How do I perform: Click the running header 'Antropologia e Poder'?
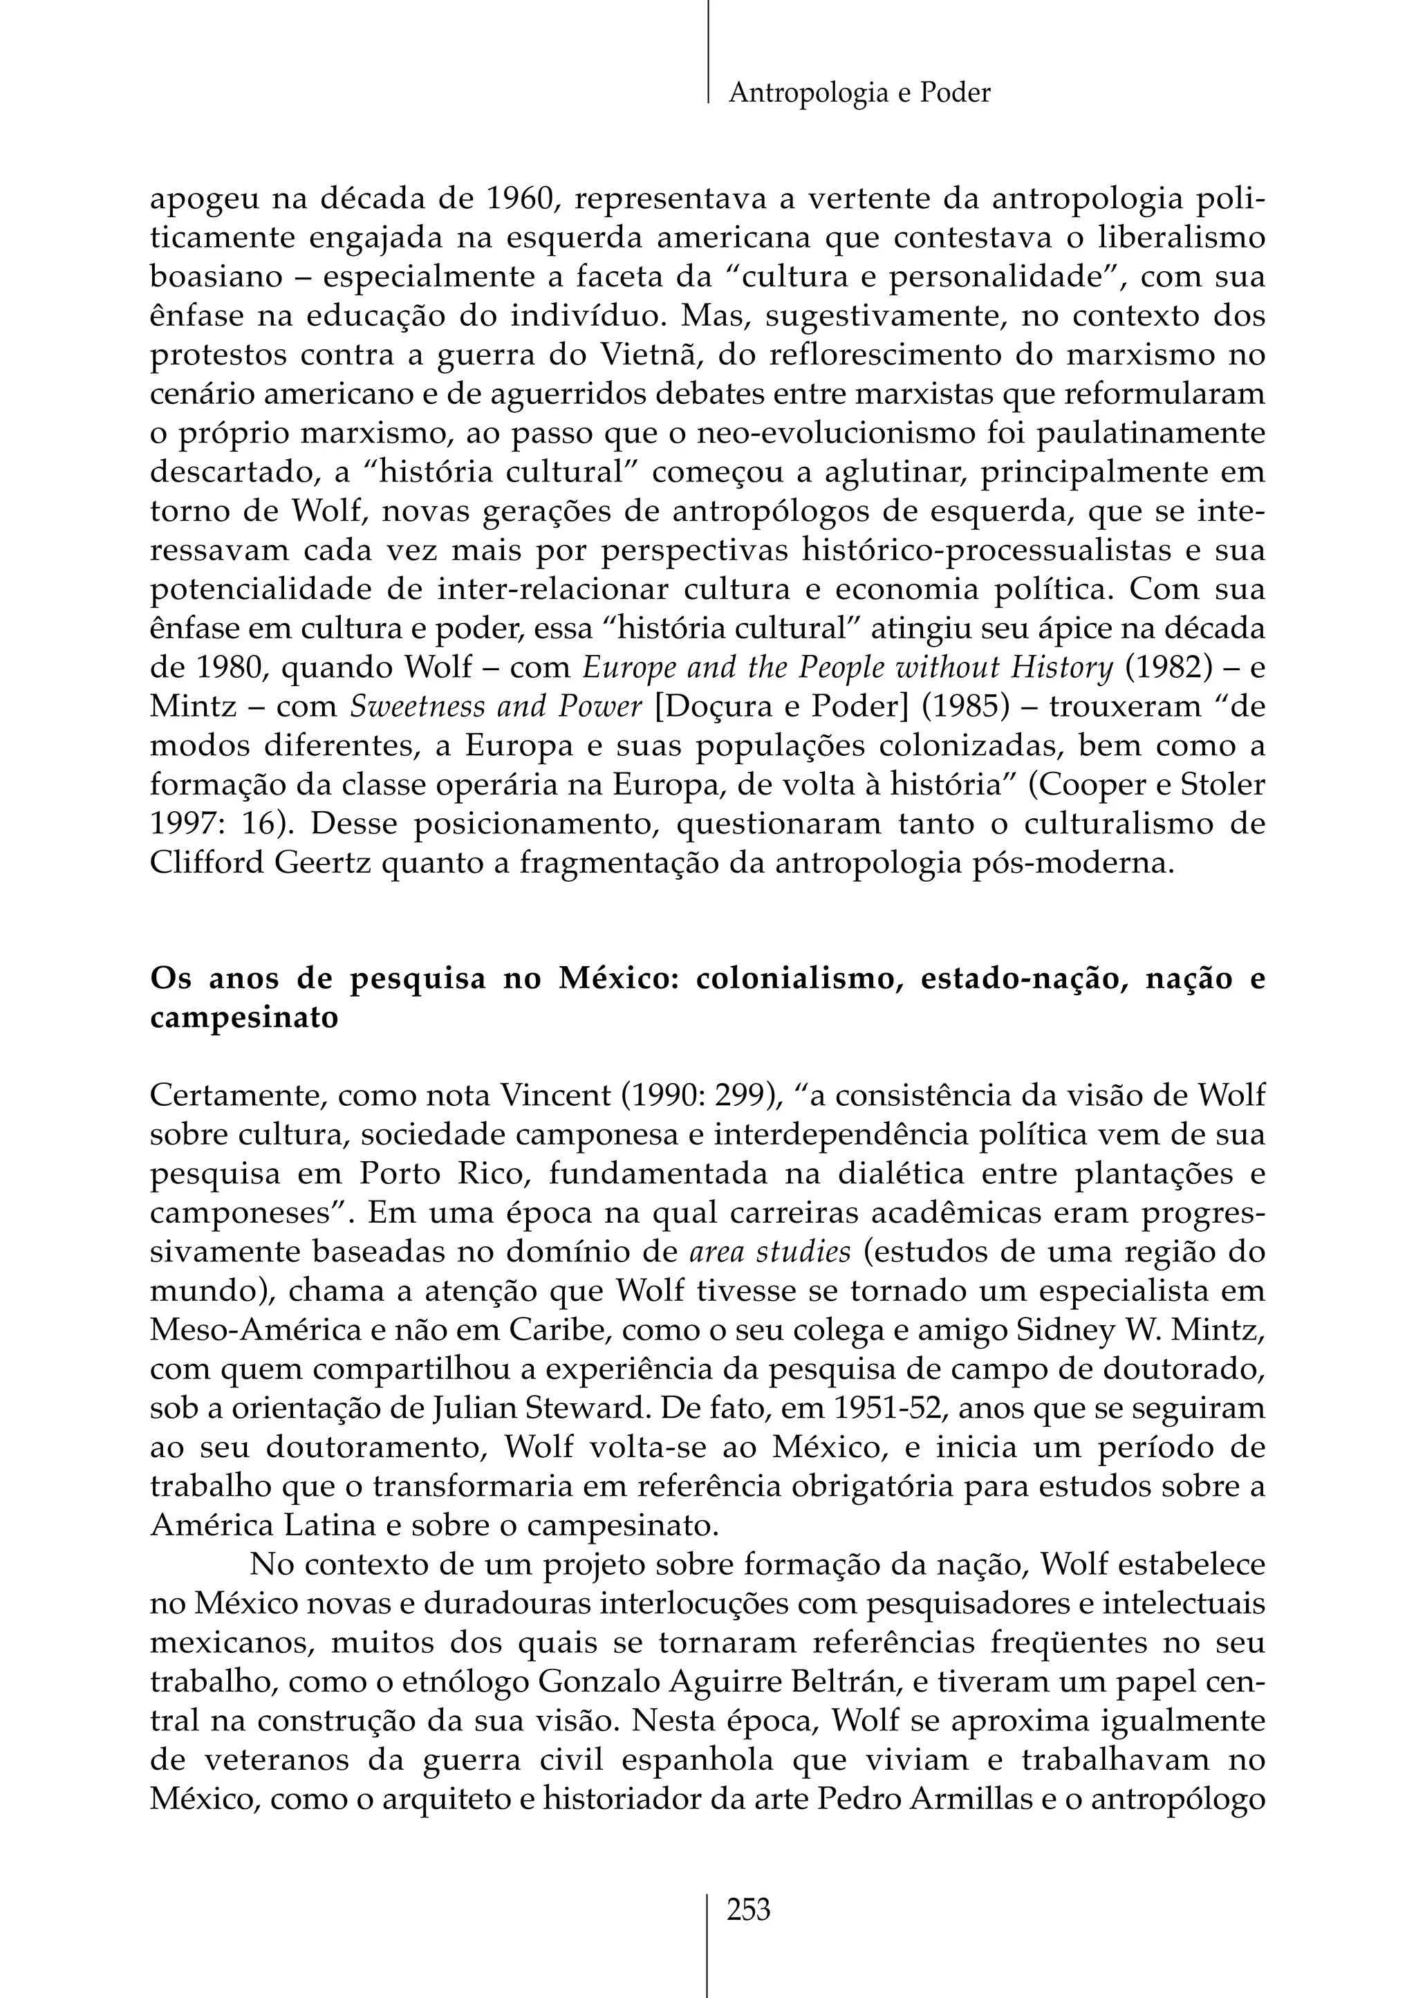coord(859,93)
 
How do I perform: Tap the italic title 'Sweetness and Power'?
coord(495,706)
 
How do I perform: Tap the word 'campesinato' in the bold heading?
coord(244,1018)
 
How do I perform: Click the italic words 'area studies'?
coord(770,1252)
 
